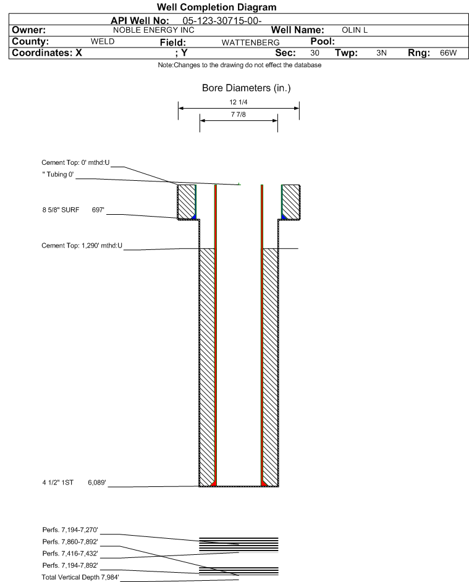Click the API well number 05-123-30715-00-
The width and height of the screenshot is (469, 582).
(x=222, y=21)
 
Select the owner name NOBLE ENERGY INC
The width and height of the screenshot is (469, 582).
(x=153, y=30)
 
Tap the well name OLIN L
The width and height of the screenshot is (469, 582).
(x=355, y=30)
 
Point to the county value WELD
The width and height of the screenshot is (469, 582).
(x=103, y=41)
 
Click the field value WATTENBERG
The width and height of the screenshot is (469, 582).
(x=250, y=43)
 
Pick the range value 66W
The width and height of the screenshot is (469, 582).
(x=448, y=52)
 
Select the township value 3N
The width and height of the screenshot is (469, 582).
(x=381, y=52)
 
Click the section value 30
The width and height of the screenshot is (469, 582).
(x=315, y=52)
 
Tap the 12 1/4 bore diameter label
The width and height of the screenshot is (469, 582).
(x=239, y=102)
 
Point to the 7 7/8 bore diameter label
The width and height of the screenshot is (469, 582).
(x=239, y=114)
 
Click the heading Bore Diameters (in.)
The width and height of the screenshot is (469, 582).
(x=247, y=88)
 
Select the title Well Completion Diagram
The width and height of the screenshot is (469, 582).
(x=217, y=7)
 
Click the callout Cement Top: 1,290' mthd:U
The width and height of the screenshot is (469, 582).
(x=82, y=246)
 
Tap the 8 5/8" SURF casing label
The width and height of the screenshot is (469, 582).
(x=61, y=210)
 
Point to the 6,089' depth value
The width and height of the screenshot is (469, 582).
(x=97, y=483)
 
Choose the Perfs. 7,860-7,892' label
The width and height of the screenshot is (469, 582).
(x=70, y=541)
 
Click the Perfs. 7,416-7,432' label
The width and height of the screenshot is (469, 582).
(x=70, y=554)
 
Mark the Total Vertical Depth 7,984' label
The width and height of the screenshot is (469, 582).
(x=80, y=577)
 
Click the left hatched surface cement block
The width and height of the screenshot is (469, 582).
(x=187, y=202)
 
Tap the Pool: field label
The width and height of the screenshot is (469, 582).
(x=323, y=41)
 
